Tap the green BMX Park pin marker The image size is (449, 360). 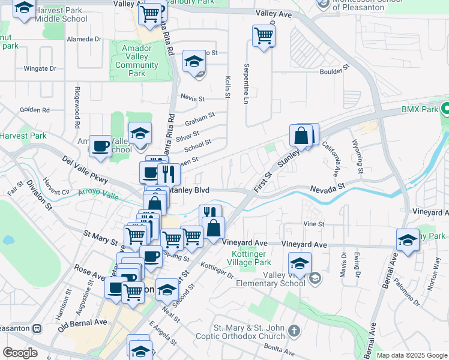[x=445, y=109]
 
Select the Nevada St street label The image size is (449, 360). [x=327, y=188]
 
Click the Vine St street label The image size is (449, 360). [x=313, y=224]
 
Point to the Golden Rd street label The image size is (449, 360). [x=34, y=110]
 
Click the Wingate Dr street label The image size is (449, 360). [x=40, y=68]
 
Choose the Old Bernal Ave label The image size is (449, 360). [x=82, y=326]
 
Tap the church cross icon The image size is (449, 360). [x=294, y=331]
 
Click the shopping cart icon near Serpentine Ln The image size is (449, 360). [x=264, y=35]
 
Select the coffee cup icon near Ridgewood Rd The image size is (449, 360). [x=101, y=146]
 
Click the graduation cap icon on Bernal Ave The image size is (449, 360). [x=408, y=240]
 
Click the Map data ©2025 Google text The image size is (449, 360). [x=412, y=355]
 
